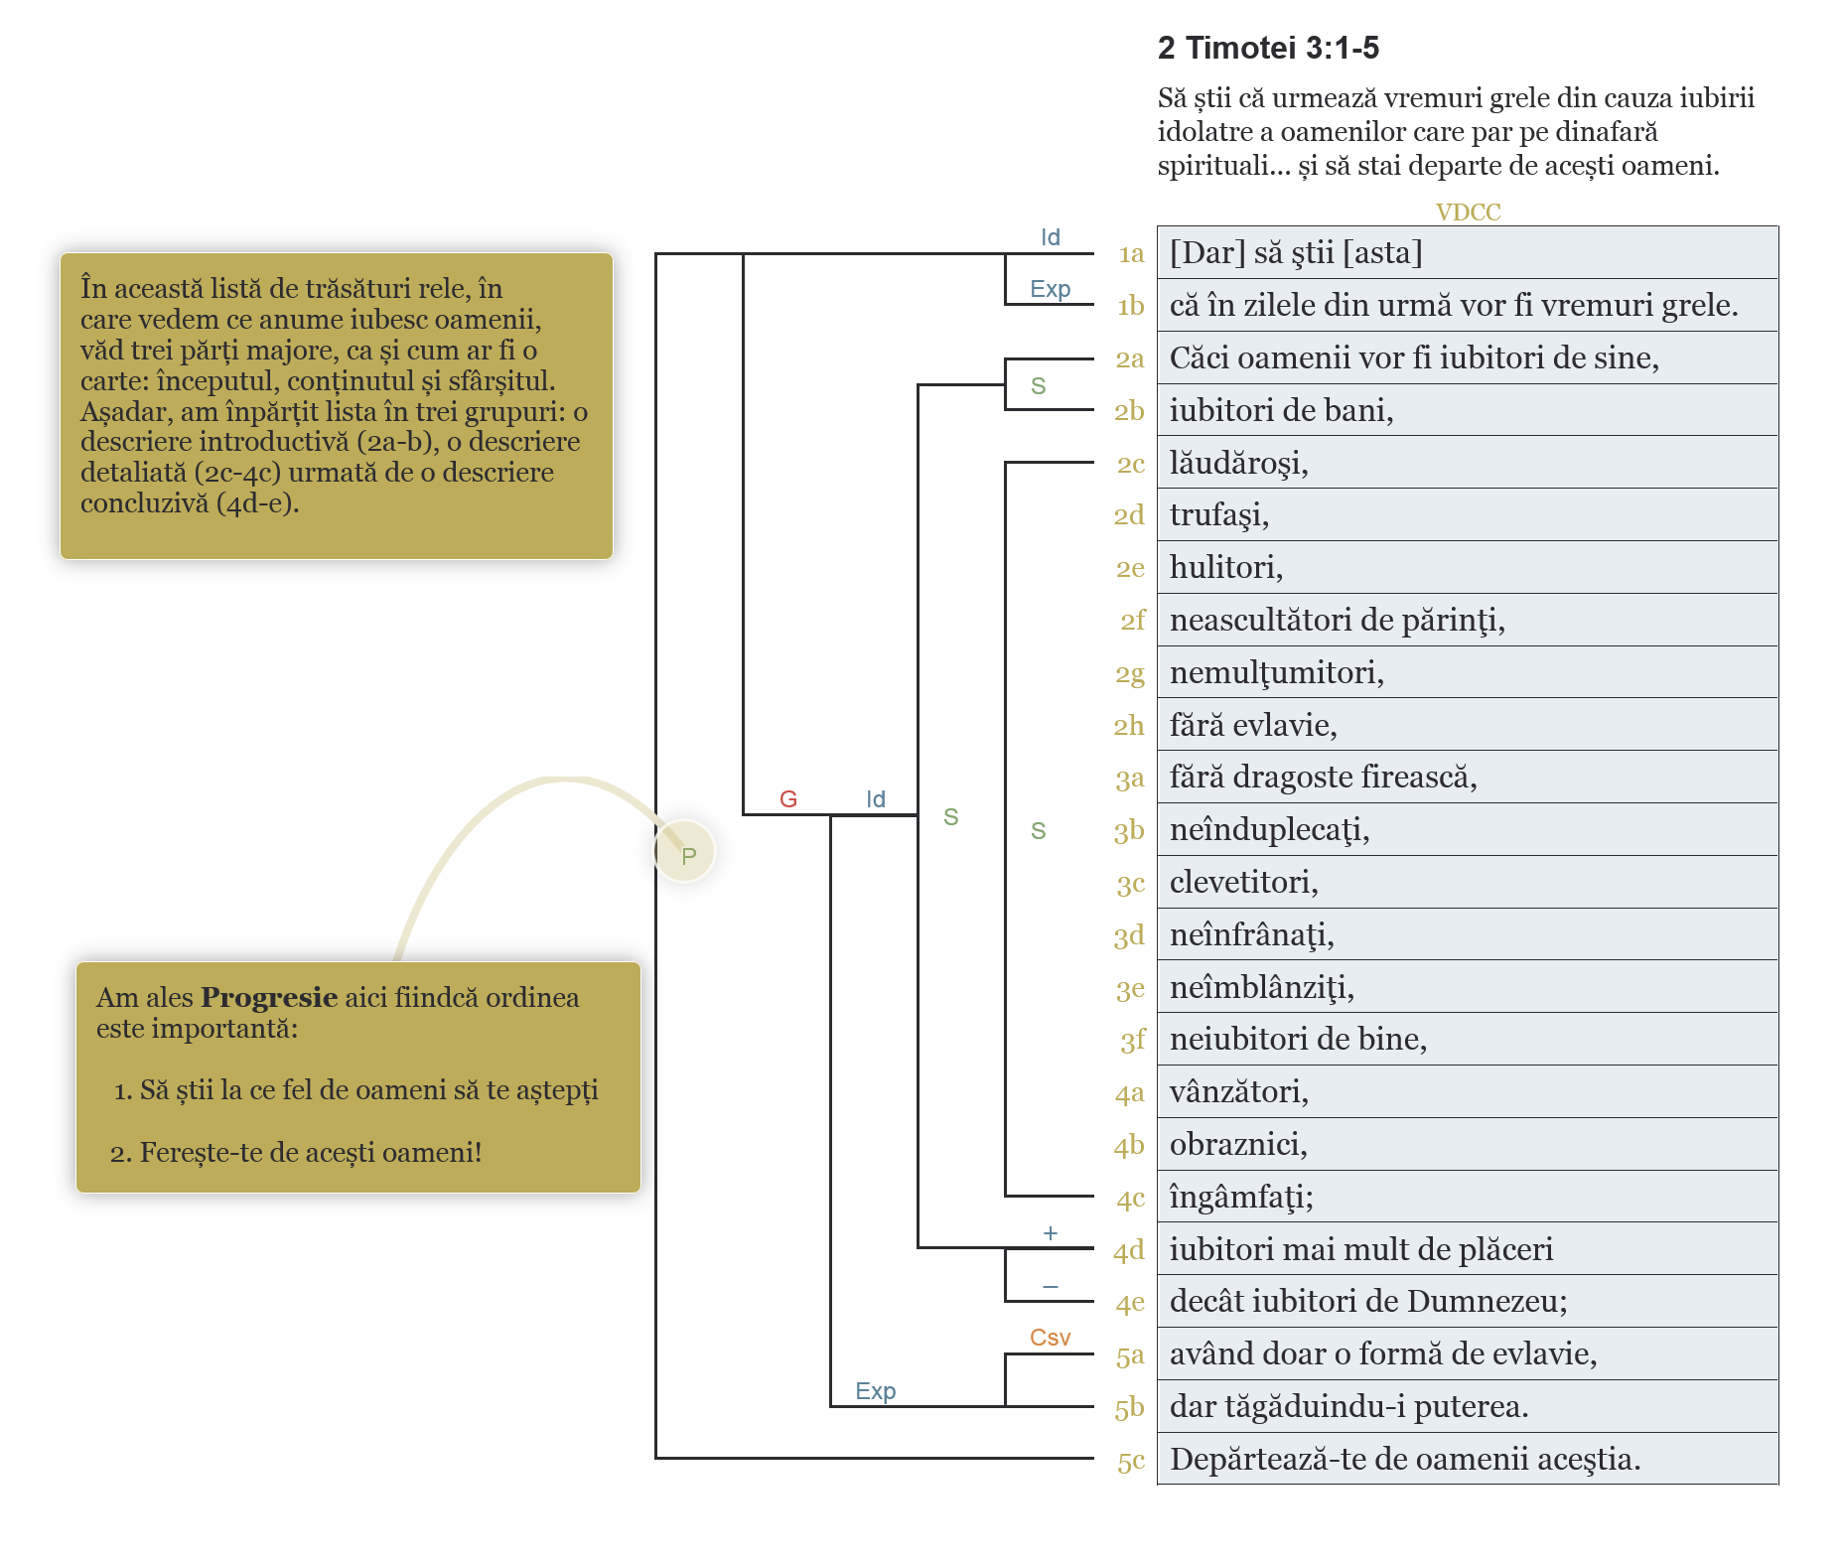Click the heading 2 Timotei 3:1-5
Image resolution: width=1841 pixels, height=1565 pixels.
click(1268, 48)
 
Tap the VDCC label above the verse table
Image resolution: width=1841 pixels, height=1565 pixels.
click(1468, 212)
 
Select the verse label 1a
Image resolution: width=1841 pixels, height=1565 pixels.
click(1131, 254)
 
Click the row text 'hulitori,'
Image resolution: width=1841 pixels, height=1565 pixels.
click(1225, 567)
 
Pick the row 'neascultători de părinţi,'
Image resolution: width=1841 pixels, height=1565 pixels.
click(1337, 620)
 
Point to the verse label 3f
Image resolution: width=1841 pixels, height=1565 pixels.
click(1132, 1040)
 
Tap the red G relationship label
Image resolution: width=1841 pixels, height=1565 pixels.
click(788, 799)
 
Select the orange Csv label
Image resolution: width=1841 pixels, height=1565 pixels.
click(1050, 1338)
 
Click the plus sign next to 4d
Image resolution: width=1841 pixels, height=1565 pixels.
click(1050, 1233)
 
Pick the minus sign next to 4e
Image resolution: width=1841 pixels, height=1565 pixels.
click(1050, 1287)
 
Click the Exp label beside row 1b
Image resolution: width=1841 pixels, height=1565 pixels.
click(1050, 289)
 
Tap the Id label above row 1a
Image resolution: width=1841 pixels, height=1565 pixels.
click(1050, 237)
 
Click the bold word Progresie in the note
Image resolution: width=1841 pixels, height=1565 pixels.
click(269, 997)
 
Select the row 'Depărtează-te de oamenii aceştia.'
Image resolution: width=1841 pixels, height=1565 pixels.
click(1404, 1459)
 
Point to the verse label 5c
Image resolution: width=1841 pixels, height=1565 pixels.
click(1131, 1461)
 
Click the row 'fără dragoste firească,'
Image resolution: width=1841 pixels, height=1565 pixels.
click(1323, 777)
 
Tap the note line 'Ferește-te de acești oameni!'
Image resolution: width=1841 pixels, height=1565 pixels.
click(310, 1152)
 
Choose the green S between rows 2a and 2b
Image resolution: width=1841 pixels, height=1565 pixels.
click(1038, 385)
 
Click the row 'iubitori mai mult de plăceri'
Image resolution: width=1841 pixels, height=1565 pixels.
click(1360, 1249)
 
